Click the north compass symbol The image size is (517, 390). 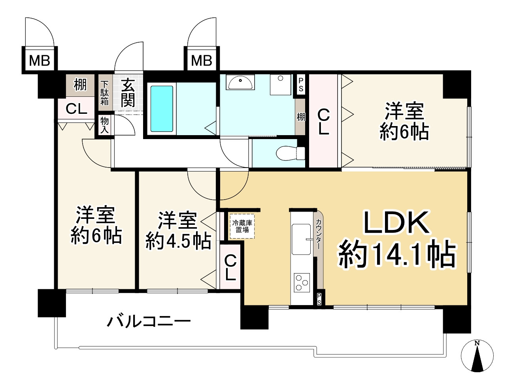477,356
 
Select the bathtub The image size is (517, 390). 162,109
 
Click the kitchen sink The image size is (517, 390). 301,239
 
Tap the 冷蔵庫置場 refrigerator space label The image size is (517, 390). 242,226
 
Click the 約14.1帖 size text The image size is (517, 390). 397,254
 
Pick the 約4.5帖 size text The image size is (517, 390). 178,241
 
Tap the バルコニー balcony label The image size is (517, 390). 149,321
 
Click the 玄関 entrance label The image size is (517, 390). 128,93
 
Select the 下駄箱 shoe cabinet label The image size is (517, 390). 104,93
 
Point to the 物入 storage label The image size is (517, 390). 104,125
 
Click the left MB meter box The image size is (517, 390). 40,60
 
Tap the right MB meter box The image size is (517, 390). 202,60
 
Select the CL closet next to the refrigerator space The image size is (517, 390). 230,268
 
